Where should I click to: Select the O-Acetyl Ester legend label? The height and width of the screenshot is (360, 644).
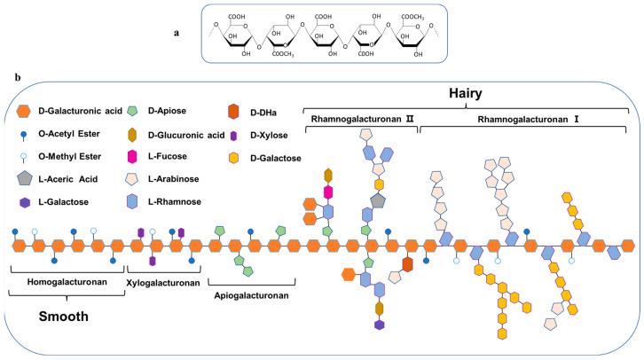(67, 134)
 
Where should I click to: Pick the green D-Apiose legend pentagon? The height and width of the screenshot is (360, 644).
(132, 110)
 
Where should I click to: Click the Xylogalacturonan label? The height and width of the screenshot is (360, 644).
(161, 282)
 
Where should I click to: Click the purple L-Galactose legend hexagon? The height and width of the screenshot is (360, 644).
(24, 202)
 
